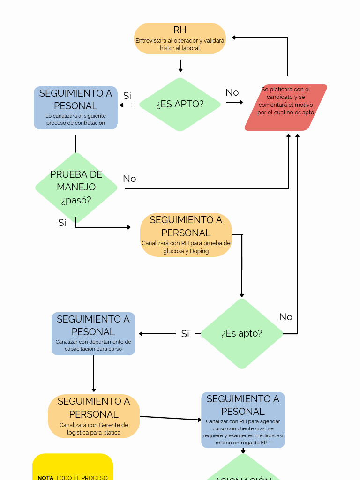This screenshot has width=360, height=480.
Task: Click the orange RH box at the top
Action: click(x=180, y=38)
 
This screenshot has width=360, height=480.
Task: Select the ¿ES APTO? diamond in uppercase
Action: click(x=180, y=104)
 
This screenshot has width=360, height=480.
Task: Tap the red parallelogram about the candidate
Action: click(x=285, y=107)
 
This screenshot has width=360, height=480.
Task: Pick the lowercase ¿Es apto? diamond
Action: click(x=242, y=333)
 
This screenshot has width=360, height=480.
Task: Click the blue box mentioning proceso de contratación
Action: click(x=75, y=108)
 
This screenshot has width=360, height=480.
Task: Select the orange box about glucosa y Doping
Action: click(x=186, y=235)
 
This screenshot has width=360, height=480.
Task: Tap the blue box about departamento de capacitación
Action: click(x=93, y=334)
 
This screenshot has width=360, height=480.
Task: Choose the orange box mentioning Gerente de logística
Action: click(x=94, y=416)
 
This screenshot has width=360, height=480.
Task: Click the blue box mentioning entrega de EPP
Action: click(x=243, y=420)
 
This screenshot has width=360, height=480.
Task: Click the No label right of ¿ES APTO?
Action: click(x=232, y=92)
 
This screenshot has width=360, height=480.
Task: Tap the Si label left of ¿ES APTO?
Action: click(x=127, y=96)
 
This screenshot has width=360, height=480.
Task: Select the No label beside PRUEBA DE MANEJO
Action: click(x=129, y=179)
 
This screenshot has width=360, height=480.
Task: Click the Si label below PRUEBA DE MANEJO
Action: click(x=62, y=223)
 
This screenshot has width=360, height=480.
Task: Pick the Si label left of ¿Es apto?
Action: click(x=185, y=334)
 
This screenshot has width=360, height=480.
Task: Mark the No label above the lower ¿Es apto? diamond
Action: click(x=286, y=317)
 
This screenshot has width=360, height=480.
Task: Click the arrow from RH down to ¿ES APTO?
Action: click(x=180, y=65)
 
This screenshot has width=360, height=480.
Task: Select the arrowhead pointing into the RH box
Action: click(x=235, y=37)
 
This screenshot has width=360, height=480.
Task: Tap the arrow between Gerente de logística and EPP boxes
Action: click(x=171, y=418)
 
